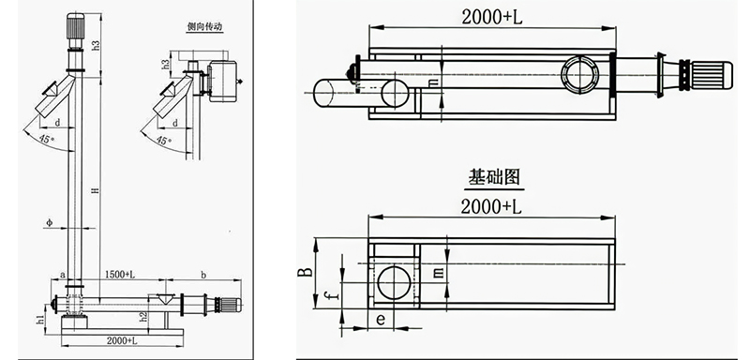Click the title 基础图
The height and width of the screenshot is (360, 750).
[x=493, y=175]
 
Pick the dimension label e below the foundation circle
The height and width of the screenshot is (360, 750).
[x=380, y=320]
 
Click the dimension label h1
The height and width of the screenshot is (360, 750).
[x=41, y=320]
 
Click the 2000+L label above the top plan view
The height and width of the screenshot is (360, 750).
[x=492, y=17]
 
